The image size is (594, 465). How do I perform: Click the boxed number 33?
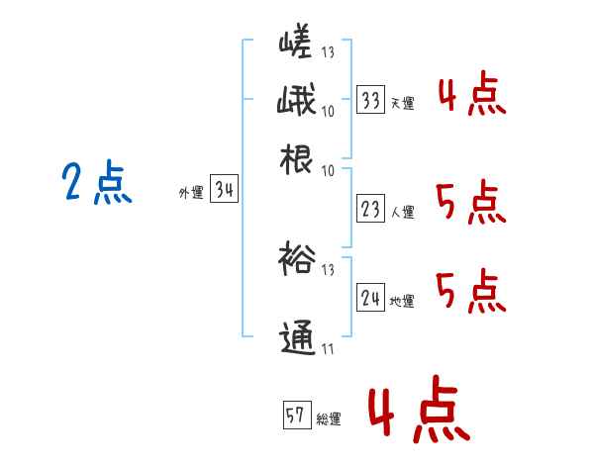point(371,101)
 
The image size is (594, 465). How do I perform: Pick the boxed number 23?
point(371,210)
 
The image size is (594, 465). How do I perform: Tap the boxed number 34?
point(224,192)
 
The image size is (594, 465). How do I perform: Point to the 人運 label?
point(402,212)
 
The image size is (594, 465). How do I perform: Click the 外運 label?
point(191,194)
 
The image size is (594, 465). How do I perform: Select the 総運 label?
point(329,418)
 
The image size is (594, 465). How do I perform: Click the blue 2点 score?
point(96,183)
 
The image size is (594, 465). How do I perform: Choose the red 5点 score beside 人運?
point(471,205)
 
